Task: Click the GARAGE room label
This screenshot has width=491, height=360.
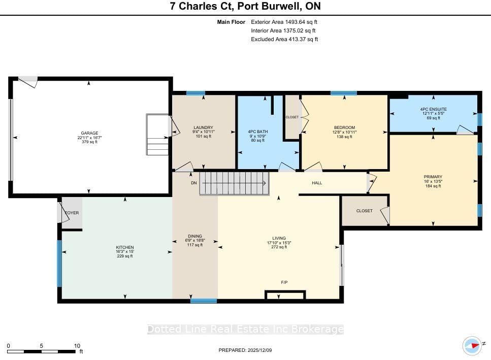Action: pos(89,133)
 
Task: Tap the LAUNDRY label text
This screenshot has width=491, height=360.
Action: pos(203,127)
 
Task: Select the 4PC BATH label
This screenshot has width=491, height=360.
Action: pos(258,132)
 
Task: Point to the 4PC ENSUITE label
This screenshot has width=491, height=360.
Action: pos(434,109)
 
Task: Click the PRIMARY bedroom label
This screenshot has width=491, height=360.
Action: pos(433,177)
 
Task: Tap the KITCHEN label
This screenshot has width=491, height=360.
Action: pos(124,247)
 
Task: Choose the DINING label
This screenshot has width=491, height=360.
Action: pos(195,236)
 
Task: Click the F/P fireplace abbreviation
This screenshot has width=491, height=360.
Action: pos(284,282)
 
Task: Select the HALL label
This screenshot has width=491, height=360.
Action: pos(317,183)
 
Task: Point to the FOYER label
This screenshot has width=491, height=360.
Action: pos(72,213)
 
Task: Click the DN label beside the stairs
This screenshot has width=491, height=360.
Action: pos(194,183)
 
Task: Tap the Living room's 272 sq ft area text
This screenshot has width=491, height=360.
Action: pos(279,247)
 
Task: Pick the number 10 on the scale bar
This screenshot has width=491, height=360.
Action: pos(77,346)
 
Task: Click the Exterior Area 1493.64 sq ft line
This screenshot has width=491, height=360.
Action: pos(284,22)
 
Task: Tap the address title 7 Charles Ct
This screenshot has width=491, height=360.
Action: pos(202,6)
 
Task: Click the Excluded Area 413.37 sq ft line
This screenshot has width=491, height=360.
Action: pos(284,39)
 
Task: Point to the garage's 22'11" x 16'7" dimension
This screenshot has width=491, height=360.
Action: pos(89,138)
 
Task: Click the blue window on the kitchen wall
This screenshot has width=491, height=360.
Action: pos(59,263)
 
